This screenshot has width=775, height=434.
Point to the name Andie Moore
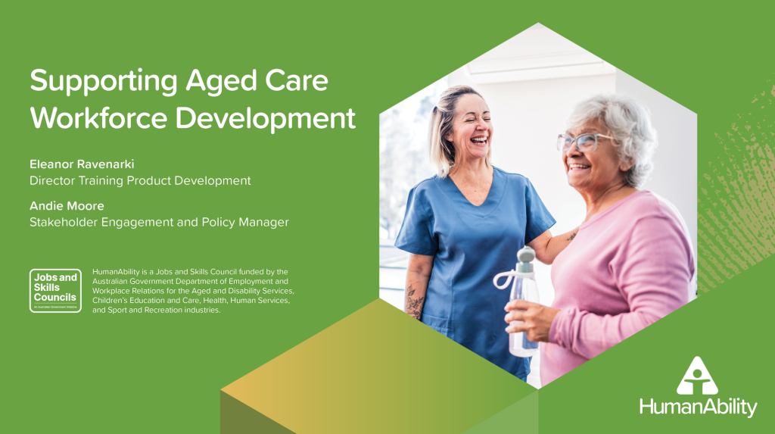[x=67, y=205]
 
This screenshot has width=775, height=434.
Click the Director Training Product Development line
[x=140, y=180]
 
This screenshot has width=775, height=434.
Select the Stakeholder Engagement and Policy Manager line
[x=159, y=222]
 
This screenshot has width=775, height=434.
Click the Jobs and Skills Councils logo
[x=55, y=291]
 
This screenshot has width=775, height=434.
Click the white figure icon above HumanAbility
[x=696, y=374]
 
